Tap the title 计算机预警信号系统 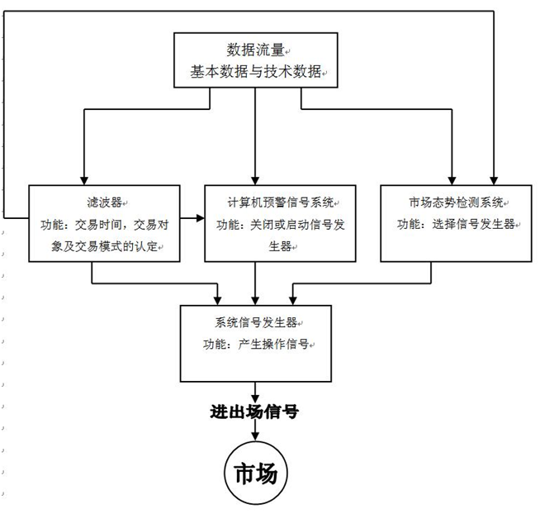tap(277, 201)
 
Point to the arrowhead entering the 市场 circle tap(255, 439)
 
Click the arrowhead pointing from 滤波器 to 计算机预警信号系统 tap(200, 218)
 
